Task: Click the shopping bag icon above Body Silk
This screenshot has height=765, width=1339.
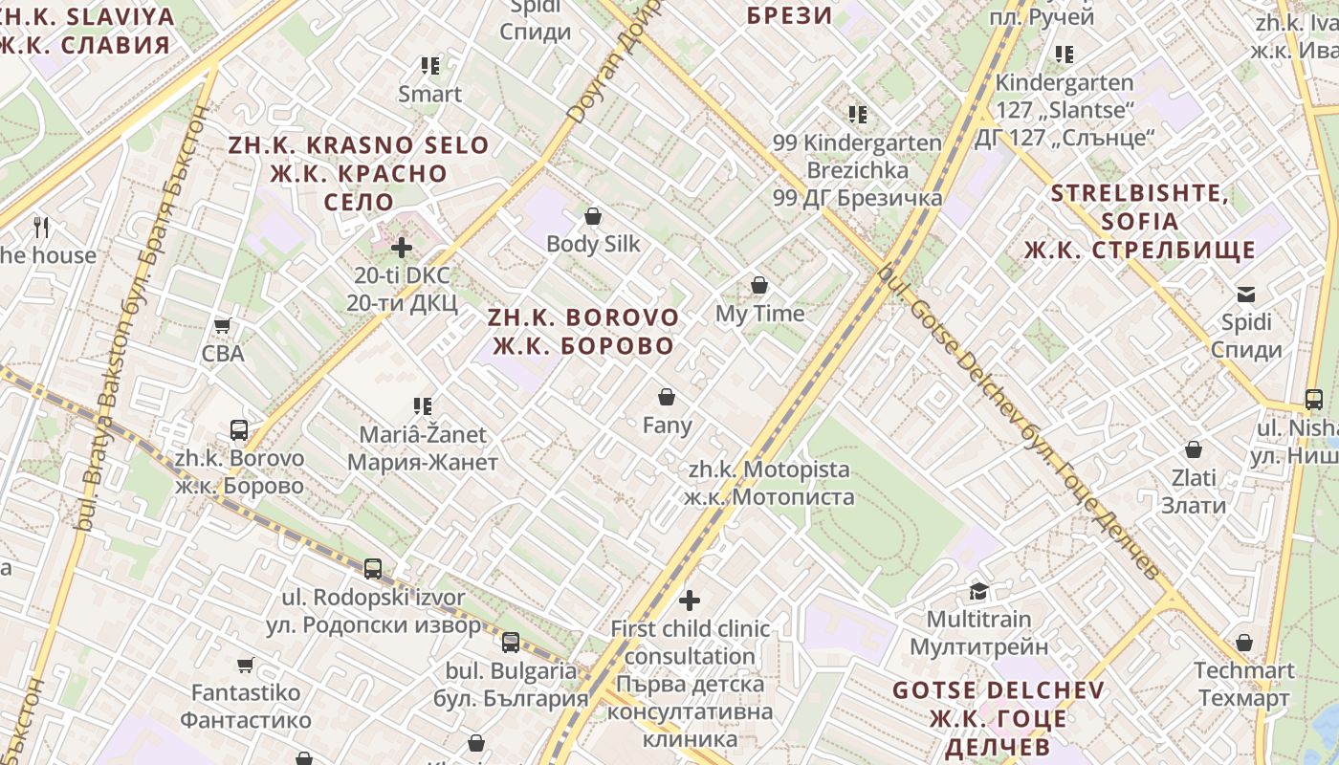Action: (x=593, y=216)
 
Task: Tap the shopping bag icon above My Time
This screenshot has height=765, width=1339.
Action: (x=759, y=285)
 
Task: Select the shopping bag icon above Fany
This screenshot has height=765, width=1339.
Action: (x=667, y=397)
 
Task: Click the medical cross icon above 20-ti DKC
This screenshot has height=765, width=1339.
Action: (x=402, y=249)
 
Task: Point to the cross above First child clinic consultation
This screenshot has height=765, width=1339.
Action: (x=690, y=601)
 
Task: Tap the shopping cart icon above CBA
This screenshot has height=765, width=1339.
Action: (x=223, y=325)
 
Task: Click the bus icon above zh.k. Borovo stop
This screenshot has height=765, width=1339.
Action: (x=239, y=430)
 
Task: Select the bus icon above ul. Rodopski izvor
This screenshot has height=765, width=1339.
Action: (x=373, y=569)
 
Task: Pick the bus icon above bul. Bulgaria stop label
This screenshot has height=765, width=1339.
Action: (x=511, y=643)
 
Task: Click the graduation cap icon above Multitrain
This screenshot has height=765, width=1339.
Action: (x=978, y=591)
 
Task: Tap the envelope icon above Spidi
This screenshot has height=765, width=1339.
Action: (x=1246, y=294)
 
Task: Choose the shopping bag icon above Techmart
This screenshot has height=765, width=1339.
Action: (x=1244, y=643)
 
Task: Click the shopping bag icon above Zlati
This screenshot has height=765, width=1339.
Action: (x=1194, y=449)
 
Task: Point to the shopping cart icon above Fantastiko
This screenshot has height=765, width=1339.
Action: (x=246, y=664)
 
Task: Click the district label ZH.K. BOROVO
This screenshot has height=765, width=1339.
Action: (x=583, y=331)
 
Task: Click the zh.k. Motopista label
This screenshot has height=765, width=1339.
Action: (x=769, y=483)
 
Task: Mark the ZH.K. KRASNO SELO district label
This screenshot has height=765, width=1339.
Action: (x=359, y=173)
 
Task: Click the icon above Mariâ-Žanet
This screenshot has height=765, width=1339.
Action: (x=423, y=406)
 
